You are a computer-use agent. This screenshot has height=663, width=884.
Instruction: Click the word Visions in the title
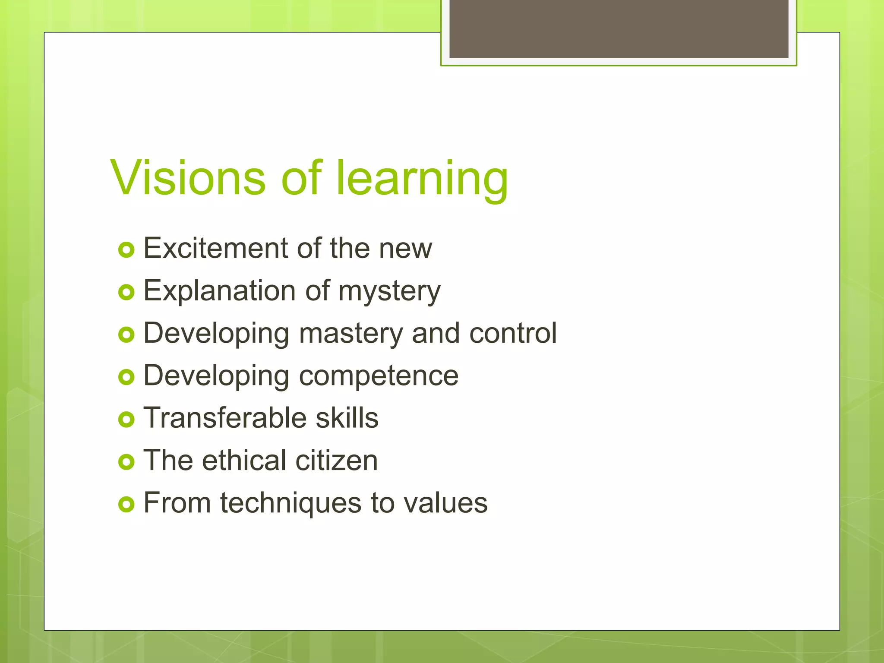click(188, 178)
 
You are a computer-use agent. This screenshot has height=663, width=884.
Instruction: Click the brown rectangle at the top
click(619, 28)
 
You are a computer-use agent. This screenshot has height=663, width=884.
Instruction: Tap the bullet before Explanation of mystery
click(126, 293)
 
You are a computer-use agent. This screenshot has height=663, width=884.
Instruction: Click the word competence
click(379, 376)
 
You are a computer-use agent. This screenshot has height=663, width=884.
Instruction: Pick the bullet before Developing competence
click(126, 377)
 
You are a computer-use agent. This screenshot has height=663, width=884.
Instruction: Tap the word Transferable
click(224, 418)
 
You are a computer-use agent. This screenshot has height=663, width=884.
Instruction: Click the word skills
click(347, 418)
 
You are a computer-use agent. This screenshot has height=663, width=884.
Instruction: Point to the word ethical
click(244, 460)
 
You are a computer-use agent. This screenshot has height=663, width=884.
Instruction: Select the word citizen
click(337, 460)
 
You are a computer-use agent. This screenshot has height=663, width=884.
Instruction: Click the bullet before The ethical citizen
click(126, 462)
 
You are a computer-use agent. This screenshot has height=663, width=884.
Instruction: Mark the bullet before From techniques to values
click(126, 504)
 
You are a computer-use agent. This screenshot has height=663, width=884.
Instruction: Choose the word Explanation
click(219, 291)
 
